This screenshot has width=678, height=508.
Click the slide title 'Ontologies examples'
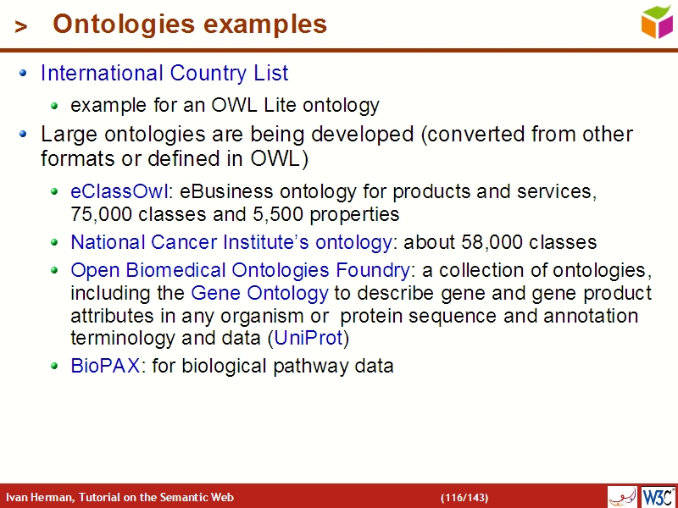189,25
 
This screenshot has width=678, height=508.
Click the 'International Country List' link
164,74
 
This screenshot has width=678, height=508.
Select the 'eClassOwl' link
119,192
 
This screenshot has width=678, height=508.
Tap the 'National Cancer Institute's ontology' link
231,243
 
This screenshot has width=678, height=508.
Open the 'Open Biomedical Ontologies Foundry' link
240,271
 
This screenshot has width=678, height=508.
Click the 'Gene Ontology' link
259,294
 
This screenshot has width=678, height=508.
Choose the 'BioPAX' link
104,367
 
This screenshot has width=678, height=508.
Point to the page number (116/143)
464,498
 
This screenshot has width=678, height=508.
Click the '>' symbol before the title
21,27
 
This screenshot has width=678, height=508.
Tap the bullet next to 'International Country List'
24,74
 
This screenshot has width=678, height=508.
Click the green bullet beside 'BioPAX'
54,367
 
